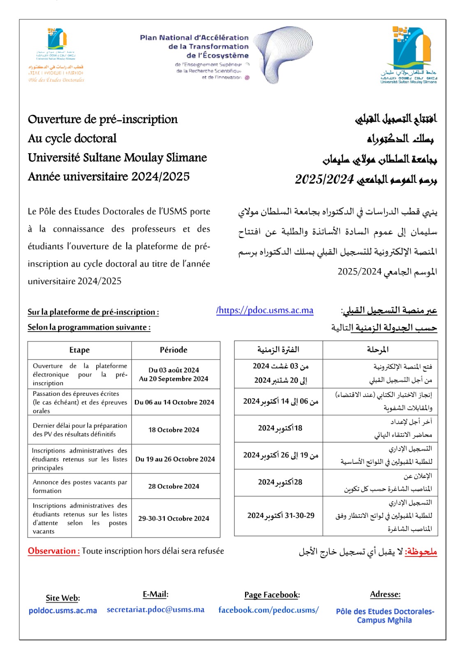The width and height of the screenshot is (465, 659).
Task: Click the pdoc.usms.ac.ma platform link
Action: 265,310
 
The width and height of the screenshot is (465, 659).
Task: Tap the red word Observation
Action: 53,551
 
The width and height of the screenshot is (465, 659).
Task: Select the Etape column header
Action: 79,350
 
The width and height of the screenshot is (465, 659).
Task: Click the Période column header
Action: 174,350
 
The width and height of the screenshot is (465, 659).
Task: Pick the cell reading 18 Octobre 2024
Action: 174,430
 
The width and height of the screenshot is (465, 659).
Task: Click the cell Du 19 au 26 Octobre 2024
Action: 175,459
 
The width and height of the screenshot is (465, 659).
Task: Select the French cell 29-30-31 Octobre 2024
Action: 174,518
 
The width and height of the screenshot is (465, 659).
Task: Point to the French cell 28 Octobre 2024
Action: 174,486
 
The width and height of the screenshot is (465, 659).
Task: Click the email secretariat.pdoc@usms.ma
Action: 155,610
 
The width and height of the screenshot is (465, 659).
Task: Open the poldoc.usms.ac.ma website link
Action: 63,610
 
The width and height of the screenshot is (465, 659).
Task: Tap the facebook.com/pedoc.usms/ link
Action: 268,610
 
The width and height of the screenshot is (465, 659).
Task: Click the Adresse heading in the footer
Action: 385,594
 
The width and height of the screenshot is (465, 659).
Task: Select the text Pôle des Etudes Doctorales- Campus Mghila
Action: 385,616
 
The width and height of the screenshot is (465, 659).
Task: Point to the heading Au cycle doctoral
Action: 72,138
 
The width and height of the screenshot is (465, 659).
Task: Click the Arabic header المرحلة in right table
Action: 378,350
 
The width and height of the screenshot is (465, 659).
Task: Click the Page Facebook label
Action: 272,595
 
